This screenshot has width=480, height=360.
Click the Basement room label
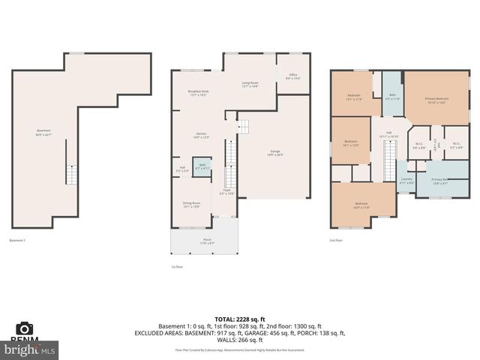click(x=43, y=132)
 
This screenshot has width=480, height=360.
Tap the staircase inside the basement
click(x=71, y=175)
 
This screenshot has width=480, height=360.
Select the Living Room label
click(x=250, y=84)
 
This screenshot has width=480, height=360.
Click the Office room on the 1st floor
click(x=293, y=76)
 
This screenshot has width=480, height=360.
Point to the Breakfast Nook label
click(x=199, y=93)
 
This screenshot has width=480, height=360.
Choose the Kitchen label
click(x=201, y=136)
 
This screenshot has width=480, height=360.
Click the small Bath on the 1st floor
click(x=201, y=168)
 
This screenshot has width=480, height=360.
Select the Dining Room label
click(x=192, y=204)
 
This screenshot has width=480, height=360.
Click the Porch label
click(x=207, y=240)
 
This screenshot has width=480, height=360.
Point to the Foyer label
click(x=226, y=192)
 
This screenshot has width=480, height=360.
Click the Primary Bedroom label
click(x=436, y=100)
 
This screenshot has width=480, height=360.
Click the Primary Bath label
click(x=439, y=181)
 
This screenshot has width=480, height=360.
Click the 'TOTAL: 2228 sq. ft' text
click(x=240, y=319)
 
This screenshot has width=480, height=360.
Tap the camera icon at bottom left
click(x=25, y=328)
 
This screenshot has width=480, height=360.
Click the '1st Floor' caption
click(x=177, y=267)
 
